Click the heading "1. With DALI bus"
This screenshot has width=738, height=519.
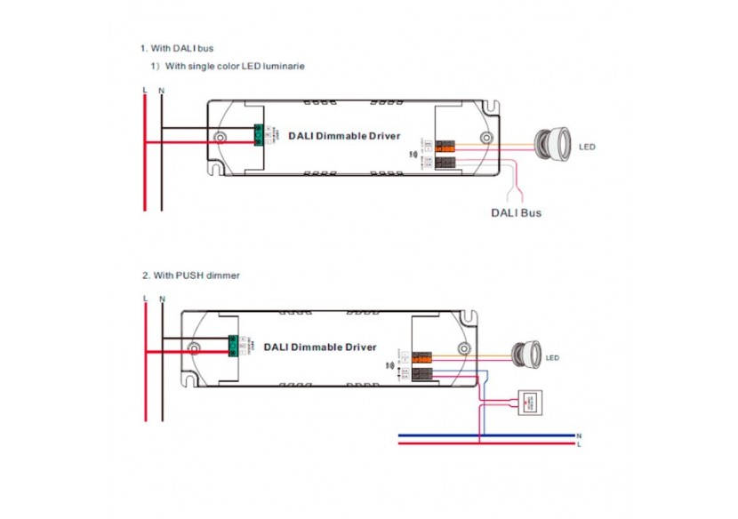click(176, 47)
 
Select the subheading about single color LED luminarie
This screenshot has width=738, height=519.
click(228, 67)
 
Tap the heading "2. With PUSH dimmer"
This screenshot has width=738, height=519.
click(189, 275)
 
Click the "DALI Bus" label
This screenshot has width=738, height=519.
click(516, 213)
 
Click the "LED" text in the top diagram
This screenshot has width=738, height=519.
click(587, 147)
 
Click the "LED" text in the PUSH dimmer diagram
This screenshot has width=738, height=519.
click(552, 358)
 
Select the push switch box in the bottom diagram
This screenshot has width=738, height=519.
click(532, 402)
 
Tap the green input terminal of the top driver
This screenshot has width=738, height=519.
click(261, 135)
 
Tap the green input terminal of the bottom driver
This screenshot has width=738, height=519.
click(234, 346)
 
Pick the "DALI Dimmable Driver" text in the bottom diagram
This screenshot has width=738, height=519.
click(320, 347)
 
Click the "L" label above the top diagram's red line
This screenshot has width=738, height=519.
click(144, 90)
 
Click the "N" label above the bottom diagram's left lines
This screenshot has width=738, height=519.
click(161, 300)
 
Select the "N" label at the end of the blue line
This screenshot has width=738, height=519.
click(579, 435)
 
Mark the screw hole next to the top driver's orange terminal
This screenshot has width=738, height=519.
click(485, 138)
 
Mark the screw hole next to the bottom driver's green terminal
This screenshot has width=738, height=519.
click(195, 348)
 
